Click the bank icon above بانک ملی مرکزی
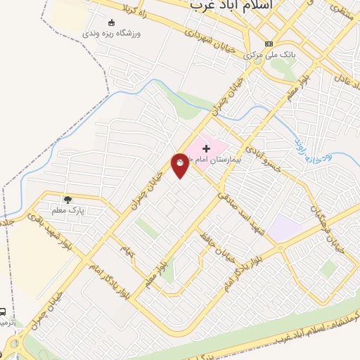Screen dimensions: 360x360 tap(268, 43)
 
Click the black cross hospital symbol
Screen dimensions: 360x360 tap(206, 148)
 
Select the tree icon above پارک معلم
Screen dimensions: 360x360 tap(67, 199)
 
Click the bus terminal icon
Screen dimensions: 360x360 tap(4, 311)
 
